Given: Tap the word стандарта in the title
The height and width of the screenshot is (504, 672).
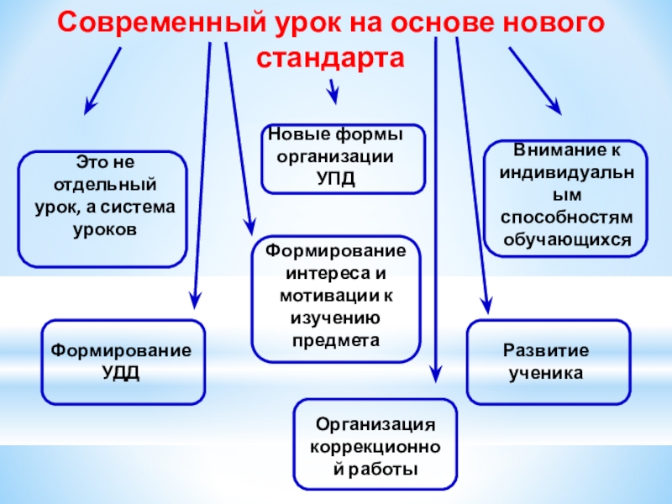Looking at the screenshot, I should pos(330,59).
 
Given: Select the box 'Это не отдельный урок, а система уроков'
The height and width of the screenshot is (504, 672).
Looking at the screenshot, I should pos(103,208).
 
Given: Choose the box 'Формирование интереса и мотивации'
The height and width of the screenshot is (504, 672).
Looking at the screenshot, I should pos(336,298).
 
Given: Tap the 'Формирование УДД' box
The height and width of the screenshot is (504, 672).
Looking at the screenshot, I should pos(123,361).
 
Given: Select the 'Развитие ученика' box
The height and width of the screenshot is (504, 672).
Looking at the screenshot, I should pos(548,361).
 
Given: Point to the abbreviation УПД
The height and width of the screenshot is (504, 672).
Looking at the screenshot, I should pos(335,176).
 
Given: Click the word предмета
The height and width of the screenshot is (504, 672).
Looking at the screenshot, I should pos(336,340).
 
